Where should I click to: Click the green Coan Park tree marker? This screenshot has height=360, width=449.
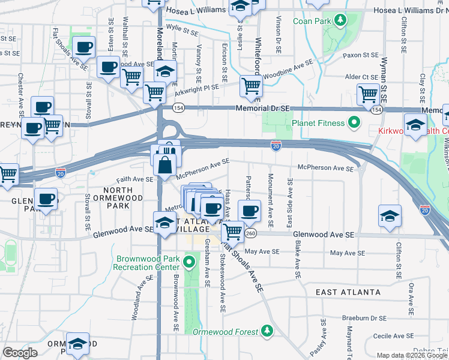340,21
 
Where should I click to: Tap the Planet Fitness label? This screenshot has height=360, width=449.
318,124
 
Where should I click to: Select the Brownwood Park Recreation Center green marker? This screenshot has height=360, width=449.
190,262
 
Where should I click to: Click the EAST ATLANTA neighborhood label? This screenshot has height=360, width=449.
348,292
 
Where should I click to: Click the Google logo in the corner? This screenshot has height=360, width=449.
20,352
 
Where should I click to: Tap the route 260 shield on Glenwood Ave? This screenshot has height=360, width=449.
250,233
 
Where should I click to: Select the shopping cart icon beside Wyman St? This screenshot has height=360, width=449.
367,94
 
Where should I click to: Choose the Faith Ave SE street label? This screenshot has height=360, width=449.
135,179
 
